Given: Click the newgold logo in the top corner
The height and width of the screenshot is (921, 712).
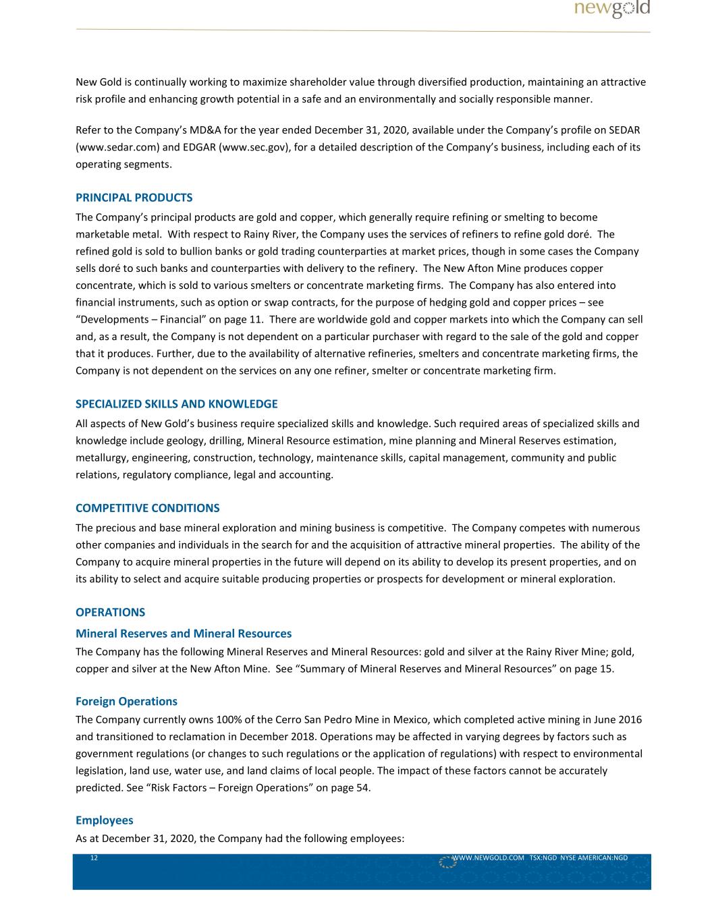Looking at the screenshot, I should coord(612,9).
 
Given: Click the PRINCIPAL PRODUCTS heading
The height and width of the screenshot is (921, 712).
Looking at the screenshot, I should coord(134,198).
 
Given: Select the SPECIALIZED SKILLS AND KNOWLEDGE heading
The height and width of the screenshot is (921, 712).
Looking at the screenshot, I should coord(176,404).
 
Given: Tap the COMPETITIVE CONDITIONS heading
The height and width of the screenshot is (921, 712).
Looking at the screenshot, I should coord(147,508).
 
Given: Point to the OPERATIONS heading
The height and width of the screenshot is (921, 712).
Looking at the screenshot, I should coord(110,613).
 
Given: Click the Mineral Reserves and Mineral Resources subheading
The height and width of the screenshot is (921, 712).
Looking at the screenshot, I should coord(184,634).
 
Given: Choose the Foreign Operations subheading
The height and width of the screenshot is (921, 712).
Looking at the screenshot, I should coord(126,702).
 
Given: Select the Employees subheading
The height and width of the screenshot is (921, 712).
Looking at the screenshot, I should coord(104,820).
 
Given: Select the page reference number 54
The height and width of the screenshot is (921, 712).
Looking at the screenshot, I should coord(362,787).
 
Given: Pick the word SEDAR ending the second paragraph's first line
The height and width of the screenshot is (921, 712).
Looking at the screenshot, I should coord(624,130).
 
